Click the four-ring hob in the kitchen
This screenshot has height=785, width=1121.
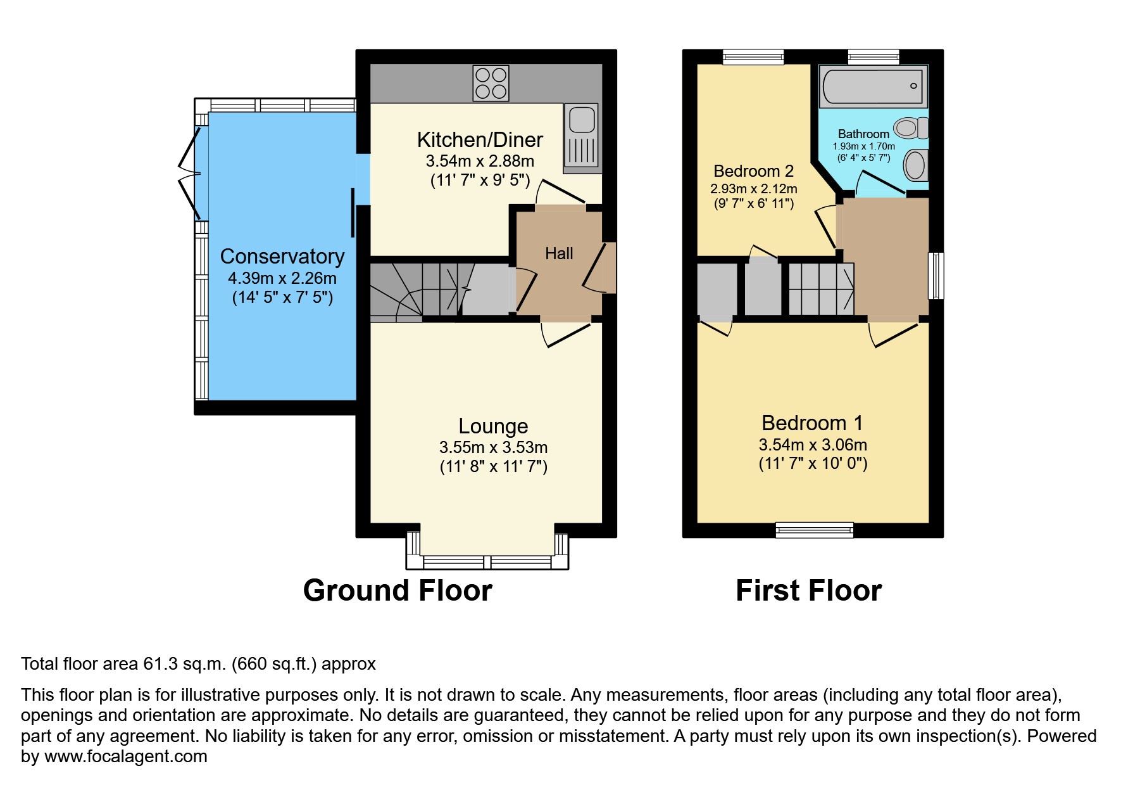coord(491,83)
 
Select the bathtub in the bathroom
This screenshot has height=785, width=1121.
coord(872,86)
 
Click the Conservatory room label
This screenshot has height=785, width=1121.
coord(282,257)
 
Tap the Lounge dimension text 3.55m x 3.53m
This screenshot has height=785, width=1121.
coord(493,447)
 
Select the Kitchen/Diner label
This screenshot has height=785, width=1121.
coord(480,140)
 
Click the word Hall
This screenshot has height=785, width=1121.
coord(559,253)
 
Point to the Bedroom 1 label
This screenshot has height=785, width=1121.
coord(812,423)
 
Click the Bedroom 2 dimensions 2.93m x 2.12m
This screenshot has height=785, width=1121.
coord(753,189)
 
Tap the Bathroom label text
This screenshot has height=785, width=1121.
coord(863,134)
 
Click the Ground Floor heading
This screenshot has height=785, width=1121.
coord(398,590)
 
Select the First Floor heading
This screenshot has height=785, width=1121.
coord(808,590)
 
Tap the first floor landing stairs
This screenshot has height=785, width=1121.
coord(821,290)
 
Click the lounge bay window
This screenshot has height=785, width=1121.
coord(487,561)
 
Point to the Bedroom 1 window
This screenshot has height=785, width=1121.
coord(814,530)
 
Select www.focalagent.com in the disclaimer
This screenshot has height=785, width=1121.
coord(125,756)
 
